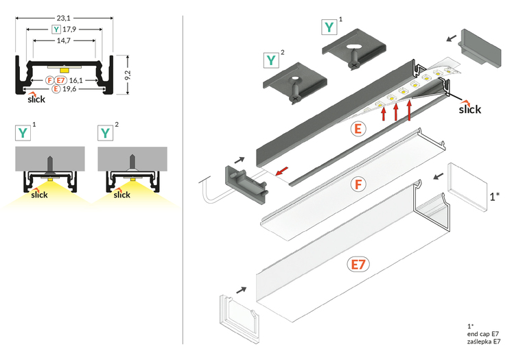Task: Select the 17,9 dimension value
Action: [x=69, y=29]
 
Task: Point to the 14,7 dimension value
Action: [x=62, y=41]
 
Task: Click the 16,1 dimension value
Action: [x=76, y=80]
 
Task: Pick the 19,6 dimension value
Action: [x=69, y=89]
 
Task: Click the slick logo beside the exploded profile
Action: [x=469, y=108]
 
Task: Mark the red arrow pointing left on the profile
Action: [x=282, y=171]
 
